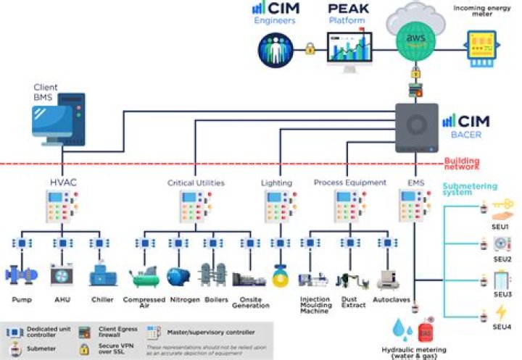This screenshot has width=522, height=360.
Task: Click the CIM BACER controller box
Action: click(416, 127)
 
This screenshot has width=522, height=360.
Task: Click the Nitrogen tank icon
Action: click(178, 276)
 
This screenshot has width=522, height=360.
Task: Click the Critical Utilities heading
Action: click(196, 183)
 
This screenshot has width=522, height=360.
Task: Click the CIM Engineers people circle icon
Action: click(276, 49)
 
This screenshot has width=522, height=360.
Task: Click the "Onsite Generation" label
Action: click(252, 303)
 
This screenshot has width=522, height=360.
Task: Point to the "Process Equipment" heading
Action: click(350, 183)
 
